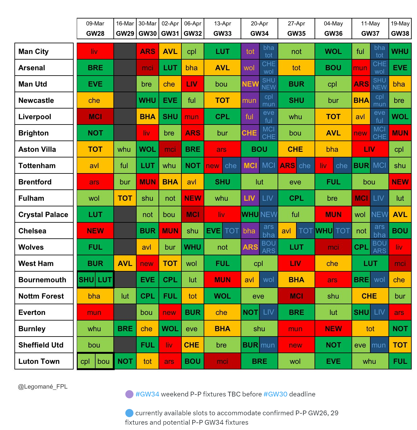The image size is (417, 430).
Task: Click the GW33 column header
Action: (222, 29)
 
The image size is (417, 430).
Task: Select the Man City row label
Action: (44, 51)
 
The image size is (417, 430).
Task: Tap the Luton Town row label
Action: (44, 361)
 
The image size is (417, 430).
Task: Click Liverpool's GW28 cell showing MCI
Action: (95, 117)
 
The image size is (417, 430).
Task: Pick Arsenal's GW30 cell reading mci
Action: (148, 68)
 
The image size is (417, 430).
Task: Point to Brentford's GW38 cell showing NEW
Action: (400, 182)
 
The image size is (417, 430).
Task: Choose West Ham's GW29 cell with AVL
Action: (125, 263)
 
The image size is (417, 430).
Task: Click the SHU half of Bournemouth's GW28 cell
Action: (86, 280)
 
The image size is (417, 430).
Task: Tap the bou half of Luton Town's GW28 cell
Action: (104, 361)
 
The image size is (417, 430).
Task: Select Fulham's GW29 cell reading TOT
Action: (125, 198)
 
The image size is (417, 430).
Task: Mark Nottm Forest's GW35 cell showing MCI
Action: (296, 296)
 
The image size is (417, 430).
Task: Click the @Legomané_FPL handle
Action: (43, 386)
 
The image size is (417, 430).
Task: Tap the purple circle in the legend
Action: (129, 394)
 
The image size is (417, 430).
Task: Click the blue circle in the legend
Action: (129, 413)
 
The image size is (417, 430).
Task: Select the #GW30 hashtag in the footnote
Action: (275, 394)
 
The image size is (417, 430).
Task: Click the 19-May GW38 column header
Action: (400, 29)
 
